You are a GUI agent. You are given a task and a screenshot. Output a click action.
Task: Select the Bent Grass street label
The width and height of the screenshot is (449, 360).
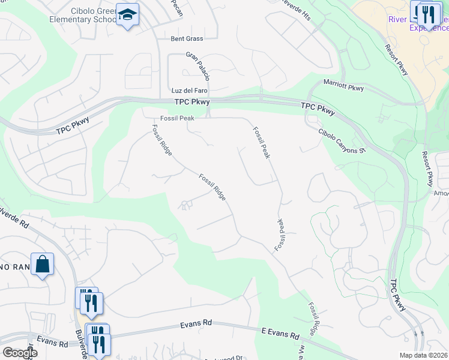pos(187,38)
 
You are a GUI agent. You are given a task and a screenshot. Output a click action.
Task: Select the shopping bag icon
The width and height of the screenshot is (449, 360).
pos(43,264)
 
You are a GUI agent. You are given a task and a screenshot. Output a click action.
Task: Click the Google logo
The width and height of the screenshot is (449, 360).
pos(20,353)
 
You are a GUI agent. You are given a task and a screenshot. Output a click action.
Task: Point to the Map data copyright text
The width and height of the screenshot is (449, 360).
pos(424,355)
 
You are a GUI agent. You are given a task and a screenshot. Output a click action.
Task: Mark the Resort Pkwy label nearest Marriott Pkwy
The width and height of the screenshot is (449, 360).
pos(396,60)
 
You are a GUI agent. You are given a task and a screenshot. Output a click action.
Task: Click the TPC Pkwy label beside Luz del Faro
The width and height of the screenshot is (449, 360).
pos(191,103)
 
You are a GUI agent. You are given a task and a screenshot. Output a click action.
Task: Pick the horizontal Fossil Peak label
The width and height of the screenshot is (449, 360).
pos(177,118)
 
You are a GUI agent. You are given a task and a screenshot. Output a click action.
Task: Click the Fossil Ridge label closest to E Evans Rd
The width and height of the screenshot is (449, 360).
pos(313,319)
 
